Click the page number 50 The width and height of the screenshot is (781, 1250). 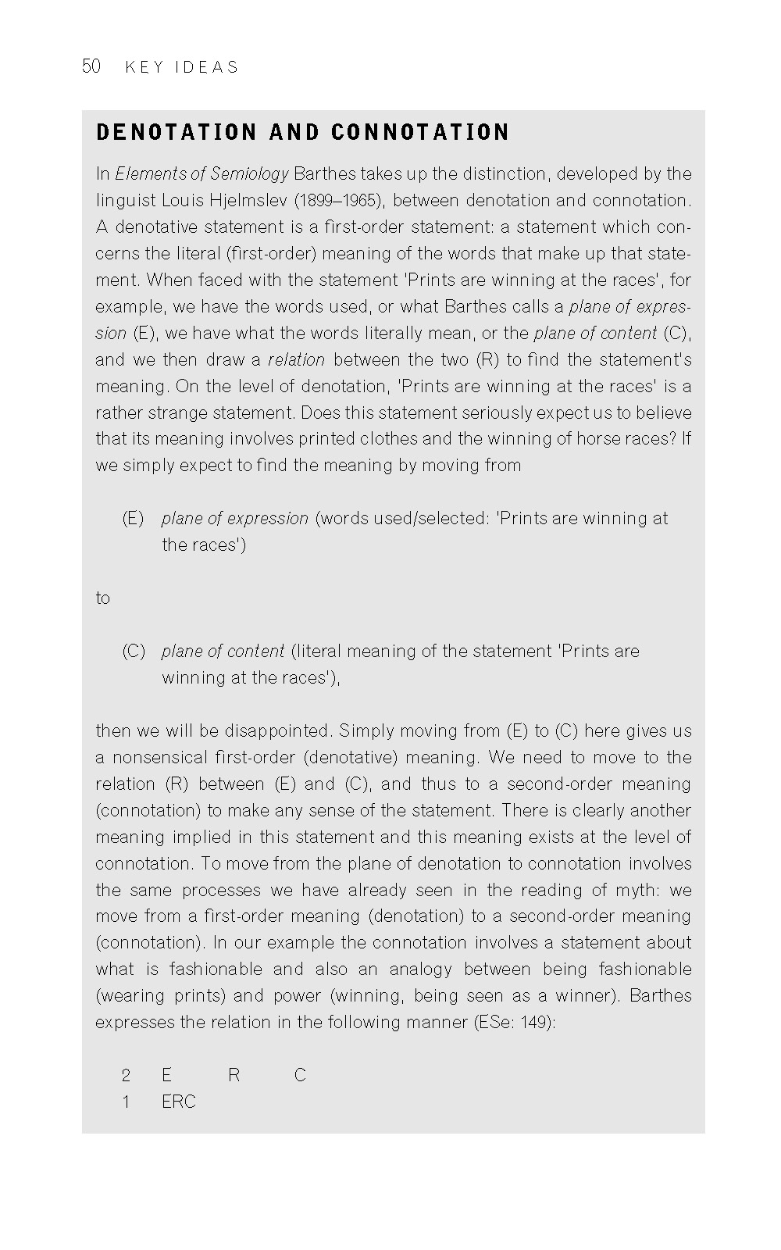coord(91,66)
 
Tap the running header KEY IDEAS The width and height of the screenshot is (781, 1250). coord(181,67)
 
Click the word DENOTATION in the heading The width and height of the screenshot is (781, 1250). coord(176,132)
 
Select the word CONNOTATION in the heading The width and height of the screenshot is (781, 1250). coord(420,132)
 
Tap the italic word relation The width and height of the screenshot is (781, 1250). coord(296,359)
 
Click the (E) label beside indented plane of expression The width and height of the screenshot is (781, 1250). coord(133,518)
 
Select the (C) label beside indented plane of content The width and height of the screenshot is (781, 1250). coord(133,651)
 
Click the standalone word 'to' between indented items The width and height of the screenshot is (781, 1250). coord(103,598)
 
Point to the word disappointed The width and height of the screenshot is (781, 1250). coord(279,730)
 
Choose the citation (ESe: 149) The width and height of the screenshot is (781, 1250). coord(515,1022)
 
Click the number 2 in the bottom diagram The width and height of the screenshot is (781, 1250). coord(126,1075)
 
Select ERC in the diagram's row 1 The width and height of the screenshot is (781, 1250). coord(178,1102)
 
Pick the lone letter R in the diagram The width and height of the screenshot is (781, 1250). coord(234,1075)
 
